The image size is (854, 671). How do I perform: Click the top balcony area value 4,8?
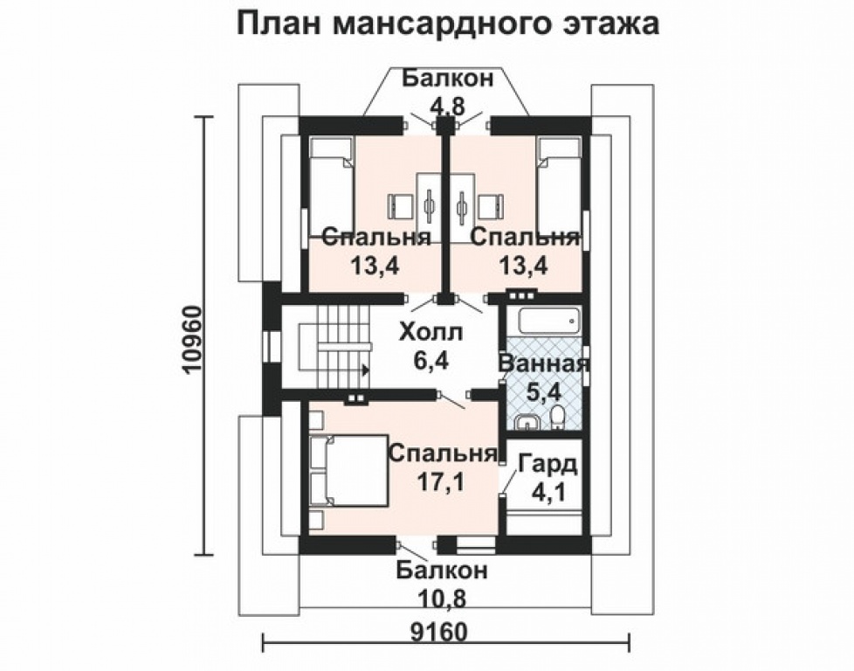coord(446,107)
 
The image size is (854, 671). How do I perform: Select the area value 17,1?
coord(437,482)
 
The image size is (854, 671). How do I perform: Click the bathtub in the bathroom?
coord(549,321)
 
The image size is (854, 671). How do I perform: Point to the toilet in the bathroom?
coord(560,419)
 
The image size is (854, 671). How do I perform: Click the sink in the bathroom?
coord(526,423)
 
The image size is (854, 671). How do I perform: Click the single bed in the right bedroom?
coord(558,187)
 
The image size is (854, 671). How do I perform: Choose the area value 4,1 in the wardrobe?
coord(548,492)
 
